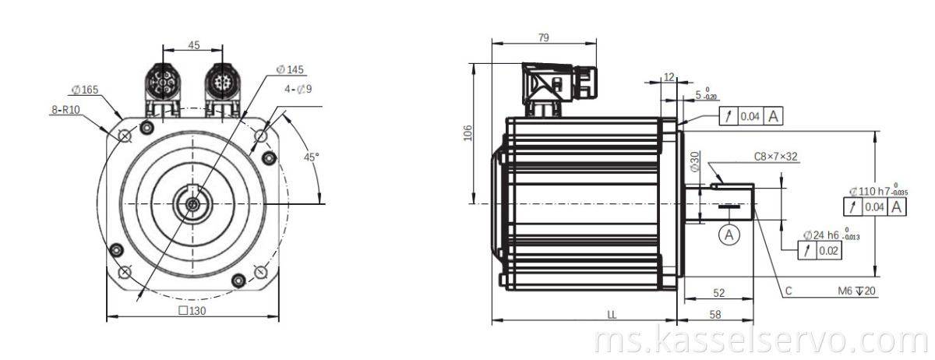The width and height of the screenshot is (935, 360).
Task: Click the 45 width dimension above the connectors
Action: coord(194,45)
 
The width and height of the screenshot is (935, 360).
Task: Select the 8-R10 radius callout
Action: coord(66,111)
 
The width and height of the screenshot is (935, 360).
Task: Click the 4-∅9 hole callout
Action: coord(298,89)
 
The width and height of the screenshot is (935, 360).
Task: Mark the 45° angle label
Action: coord(312,157)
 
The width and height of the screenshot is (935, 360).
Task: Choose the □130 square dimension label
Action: coord(193,310)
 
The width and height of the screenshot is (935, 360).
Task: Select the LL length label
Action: coord(612,314)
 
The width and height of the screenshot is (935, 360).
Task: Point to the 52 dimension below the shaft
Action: coord(718,293)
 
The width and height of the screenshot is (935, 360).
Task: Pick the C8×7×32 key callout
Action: coord(775,157)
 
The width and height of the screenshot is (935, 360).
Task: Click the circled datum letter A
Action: coord(729,233)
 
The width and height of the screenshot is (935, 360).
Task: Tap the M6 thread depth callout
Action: coord(855,291)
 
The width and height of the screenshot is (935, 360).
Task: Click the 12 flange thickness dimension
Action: coord(669,76)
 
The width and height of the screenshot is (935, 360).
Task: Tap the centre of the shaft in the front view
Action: coord(192,203)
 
